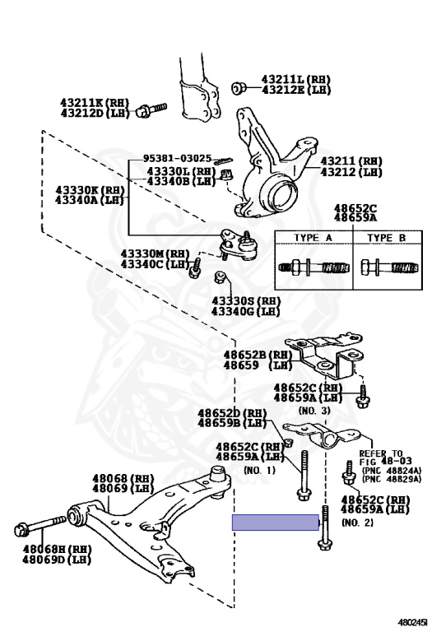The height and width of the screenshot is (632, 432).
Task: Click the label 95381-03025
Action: click(x=177, y=157)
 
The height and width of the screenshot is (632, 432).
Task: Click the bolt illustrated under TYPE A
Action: click(x=314, y=267)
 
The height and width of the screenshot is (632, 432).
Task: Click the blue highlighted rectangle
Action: click(x=275, y=523)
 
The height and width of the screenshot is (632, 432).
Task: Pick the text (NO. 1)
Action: click(x=260, y=470)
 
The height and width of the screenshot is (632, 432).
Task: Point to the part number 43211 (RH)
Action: click(x=351, y=161)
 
